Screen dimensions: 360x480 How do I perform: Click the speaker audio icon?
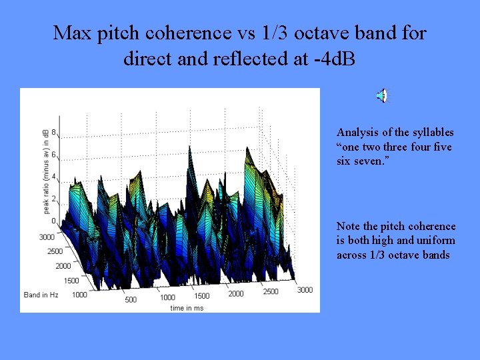coord(381,96)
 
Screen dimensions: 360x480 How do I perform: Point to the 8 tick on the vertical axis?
coord(53,132)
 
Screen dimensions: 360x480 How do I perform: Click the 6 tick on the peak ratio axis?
coord(53,155)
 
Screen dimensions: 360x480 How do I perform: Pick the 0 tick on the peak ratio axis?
coord(53,221)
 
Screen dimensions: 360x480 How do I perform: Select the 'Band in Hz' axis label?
coord(41,294)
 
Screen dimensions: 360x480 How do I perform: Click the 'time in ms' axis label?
coord(186,307)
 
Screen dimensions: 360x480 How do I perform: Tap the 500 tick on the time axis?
coord(131,299)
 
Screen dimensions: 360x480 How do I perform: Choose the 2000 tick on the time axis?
coord(236,293)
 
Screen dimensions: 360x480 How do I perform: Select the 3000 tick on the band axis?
coord(46,237)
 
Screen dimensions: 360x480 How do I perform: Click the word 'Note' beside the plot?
coord(348,227)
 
